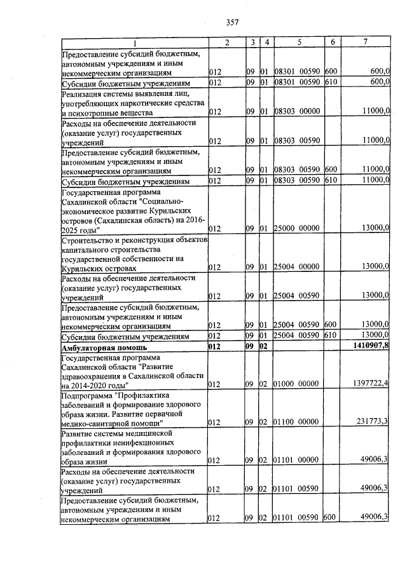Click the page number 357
pos(232,22)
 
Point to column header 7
pos(365,42)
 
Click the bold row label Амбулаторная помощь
pos(104,348)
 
